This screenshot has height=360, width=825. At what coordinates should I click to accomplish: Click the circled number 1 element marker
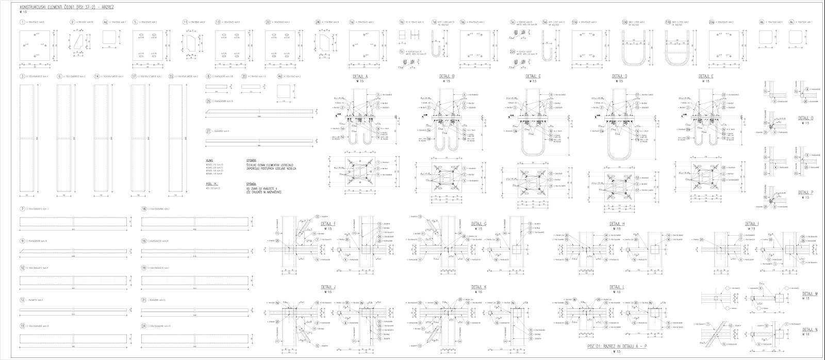tap(22, 23)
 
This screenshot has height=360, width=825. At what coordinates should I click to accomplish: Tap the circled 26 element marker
tap(318, 23)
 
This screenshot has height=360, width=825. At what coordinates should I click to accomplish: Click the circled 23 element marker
tap(171, 76)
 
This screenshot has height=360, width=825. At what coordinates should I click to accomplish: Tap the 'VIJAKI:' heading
tap(209, 160)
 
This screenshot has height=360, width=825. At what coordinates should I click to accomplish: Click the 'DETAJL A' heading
tap(360, 76)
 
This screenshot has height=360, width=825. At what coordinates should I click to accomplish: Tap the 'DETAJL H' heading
tap(616, 224)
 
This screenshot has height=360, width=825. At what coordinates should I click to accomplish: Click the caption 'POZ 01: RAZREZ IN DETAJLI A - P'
tap(616, 348)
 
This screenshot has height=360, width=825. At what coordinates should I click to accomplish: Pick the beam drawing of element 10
tap(73, 280)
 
